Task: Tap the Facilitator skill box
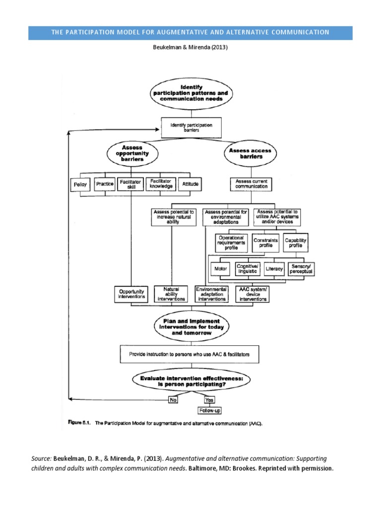tap(131, 185)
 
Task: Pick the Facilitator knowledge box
tap(161, 185)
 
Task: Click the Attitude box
tap(190, 185)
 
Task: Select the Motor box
tap(221, 269)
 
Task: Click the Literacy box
tap(274, 269)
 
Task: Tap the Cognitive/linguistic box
tap(248, 269)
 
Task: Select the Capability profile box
tap(296, 243)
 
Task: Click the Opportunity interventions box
tap(131, 294)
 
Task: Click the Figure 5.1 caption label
tap(81, 424)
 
